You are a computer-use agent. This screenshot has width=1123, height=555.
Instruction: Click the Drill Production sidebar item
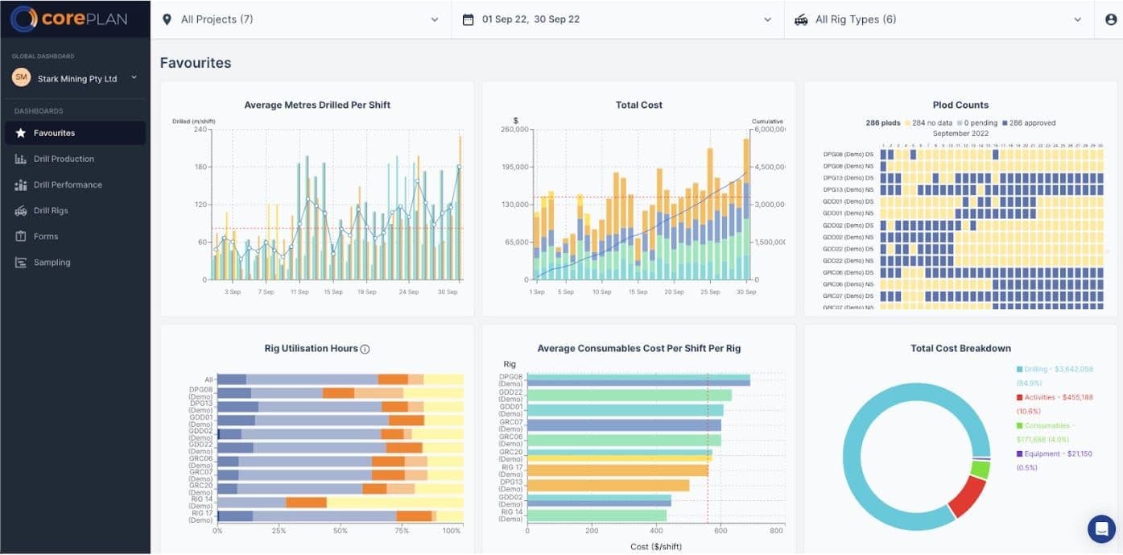point(64,159)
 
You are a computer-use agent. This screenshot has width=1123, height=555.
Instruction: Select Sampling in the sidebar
point(52,262)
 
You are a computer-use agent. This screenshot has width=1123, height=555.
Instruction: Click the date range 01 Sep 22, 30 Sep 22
point(531,19)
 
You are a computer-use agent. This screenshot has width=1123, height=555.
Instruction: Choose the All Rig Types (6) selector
point(856,19)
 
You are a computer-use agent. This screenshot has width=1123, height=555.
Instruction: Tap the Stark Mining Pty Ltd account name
point(77,79)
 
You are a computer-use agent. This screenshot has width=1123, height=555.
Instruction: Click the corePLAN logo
point(69,19)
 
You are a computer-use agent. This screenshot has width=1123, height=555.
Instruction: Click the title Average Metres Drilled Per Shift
point(317,105)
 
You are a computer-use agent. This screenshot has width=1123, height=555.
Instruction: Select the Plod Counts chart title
point(960,105)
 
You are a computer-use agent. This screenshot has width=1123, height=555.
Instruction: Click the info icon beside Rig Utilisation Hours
point(365,349)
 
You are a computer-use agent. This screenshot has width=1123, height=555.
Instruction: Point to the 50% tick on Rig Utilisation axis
point(341,531)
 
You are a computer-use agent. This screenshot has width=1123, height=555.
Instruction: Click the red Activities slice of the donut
point(967,496)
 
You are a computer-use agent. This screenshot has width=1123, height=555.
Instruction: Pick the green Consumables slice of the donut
point(980,469)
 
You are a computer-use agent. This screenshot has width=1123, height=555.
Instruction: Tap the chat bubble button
point(1100,528)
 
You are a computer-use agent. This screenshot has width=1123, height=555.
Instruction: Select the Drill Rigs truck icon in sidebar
point(20,210)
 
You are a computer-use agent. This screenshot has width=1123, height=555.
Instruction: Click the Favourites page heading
point(196,63)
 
